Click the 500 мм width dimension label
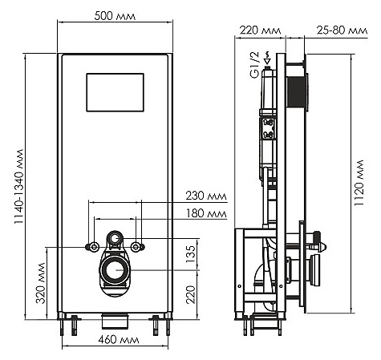point(115,16)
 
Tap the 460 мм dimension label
point(119,340)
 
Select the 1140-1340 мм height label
point(19,186)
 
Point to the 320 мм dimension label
point(41,283)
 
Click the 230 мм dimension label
point(206,196)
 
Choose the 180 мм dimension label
point(206,213)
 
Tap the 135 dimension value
point(191,254)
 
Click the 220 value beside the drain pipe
point(191,294)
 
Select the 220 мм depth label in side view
point(260,30)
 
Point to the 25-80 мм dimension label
point(342,30)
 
